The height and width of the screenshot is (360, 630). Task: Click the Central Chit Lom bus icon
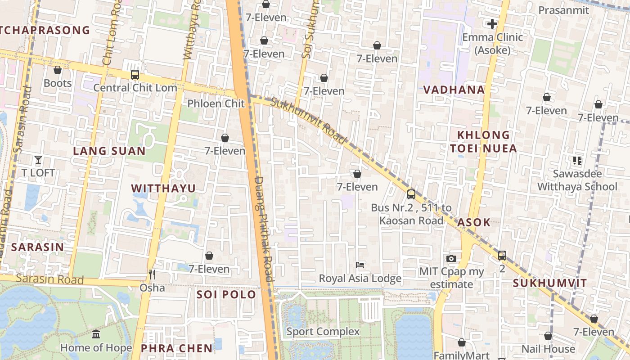point(135,75)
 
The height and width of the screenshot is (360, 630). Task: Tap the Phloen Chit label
point(216,103)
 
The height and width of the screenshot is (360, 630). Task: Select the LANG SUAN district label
point(109,151)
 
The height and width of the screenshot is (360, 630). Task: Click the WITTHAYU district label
point(163,188)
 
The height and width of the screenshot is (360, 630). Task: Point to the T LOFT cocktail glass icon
point(38,160)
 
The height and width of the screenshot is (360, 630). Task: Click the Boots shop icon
point(58,70)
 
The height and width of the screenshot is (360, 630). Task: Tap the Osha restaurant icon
point(152,274)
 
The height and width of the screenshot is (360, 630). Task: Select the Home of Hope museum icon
point(96,334)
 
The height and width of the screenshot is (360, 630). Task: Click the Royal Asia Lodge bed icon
point(360,265)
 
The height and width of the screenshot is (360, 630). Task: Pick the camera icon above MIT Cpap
point(451,258)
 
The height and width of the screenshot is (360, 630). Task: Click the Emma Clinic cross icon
point(492,23)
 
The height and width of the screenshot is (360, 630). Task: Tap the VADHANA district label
point(454,90)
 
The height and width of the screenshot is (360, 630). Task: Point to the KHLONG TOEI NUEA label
point(487,141)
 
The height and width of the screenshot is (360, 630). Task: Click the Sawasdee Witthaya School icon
point(577,160)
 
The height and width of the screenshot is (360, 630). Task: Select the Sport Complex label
point(323,332)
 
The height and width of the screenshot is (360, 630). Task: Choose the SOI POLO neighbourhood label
point(226,295)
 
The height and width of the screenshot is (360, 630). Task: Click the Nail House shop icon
point(548,336)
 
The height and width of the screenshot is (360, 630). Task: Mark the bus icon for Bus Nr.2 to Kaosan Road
point(411,194)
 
